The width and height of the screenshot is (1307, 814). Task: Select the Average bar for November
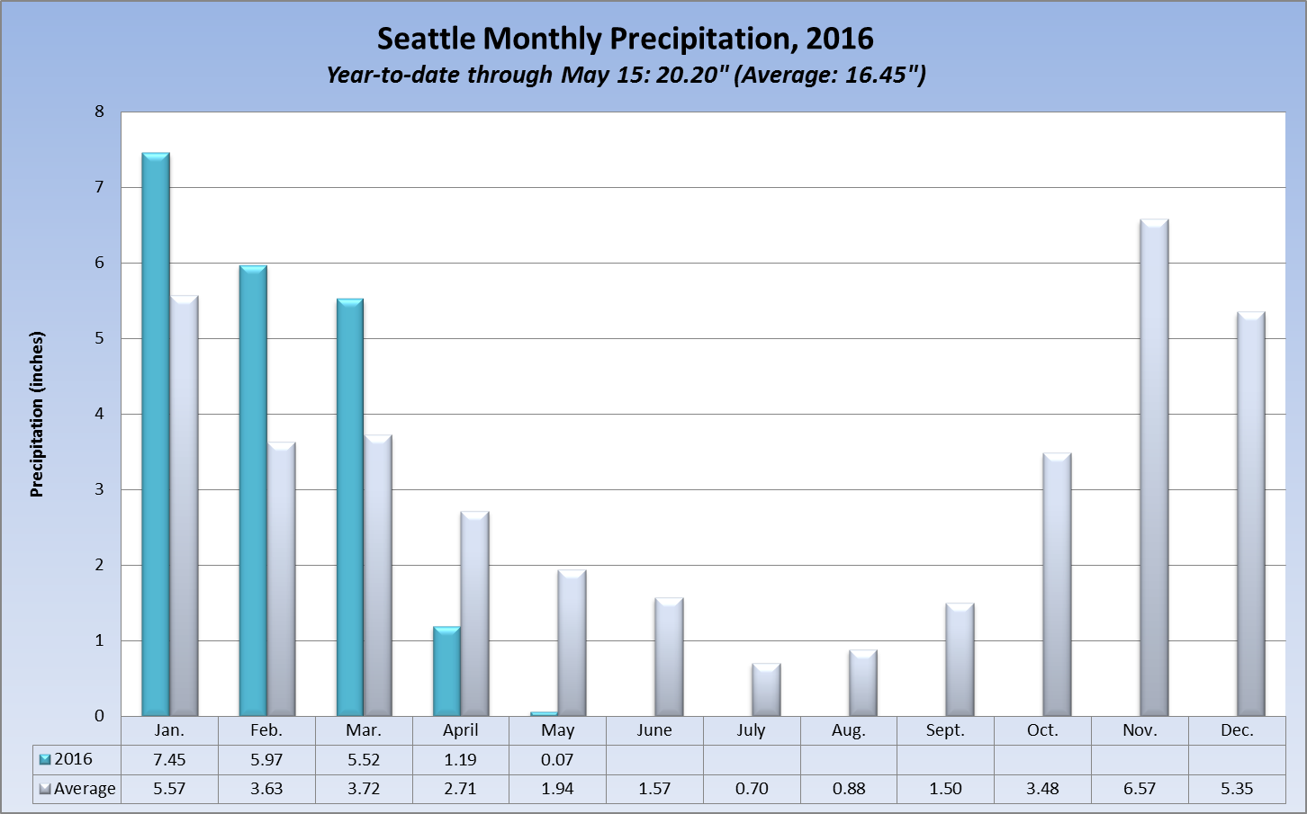click(x=1154, y=468)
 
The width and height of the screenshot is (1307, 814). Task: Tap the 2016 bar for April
click(x=446, y=671)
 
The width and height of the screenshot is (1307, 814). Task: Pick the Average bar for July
click(x=766, y=690)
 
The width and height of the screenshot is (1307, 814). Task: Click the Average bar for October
click(x=1057, y=585)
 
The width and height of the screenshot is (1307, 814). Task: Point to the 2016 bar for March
click(x=350, y=507)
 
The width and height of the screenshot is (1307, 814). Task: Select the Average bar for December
click(x=1251, y=514)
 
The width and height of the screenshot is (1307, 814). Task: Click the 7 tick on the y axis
click(x=99, y=187)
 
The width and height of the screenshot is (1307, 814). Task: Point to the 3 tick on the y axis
click(x=99, y=489)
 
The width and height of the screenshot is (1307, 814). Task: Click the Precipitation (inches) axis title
click(x=37, y=414)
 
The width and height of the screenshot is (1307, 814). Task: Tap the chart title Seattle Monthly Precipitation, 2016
click(x=625, y=39)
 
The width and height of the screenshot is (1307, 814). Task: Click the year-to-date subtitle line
click(x=626, y=75)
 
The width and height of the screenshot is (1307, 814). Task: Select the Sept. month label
click(x=945, y=730)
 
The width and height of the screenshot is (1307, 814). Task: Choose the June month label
click(x=654, y=730)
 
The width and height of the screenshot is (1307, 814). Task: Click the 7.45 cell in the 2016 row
click(x=169, y=760)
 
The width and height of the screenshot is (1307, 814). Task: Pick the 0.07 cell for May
click(x=557, y=760)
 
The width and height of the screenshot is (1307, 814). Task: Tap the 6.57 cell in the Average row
click(x=1140, y=789)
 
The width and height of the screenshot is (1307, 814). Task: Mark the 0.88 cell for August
click(x=849, y=789)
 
